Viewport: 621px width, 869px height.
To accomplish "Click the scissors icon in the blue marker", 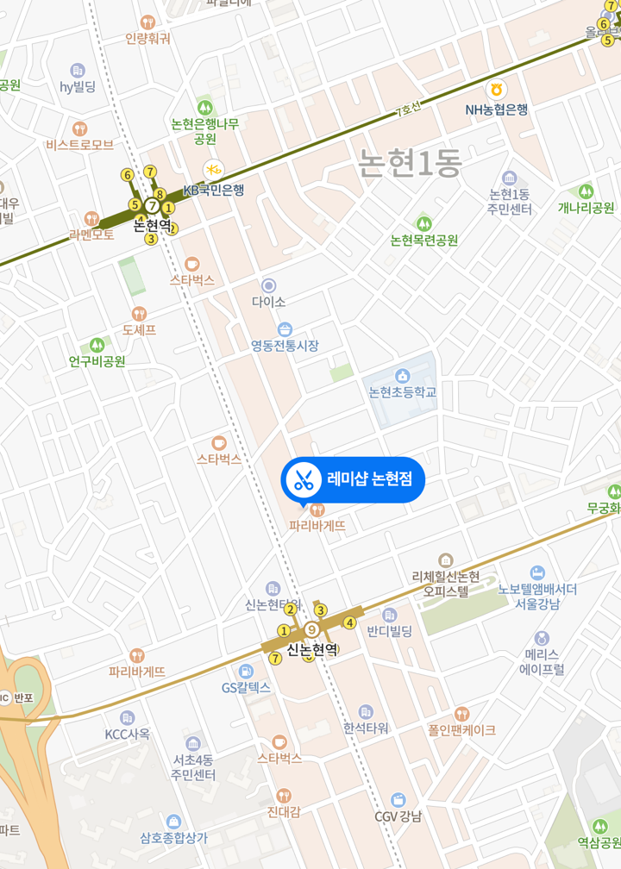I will (302, 479).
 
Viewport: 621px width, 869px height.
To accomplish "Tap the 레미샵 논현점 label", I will (369, 479).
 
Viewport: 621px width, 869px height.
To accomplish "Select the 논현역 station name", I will (153, 225).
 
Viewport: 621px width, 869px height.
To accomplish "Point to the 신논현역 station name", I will (311, 650).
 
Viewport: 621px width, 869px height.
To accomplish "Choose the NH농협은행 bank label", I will (496, 109).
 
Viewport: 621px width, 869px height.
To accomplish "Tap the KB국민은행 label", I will (213, 189).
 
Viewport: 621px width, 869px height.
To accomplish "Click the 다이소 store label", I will (268, 302).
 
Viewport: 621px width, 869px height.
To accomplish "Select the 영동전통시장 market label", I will (285, 345).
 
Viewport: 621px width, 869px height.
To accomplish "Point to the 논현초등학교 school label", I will (402, 392).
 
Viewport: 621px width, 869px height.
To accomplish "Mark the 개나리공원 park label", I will (586, 208).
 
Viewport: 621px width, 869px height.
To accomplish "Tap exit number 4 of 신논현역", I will (349, 622).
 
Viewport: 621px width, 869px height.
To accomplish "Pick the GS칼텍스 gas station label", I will (246, 687).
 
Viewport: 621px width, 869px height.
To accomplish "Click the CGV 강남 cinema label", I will (398, 816).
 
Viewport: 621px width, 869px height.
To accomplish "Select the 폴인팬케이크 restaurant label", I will (461, 729).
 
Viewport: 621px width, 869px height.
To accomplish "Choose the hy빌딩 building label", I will (78, 86).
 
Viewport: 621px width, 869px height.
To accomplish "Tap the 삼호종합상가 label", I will (173, 836).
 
